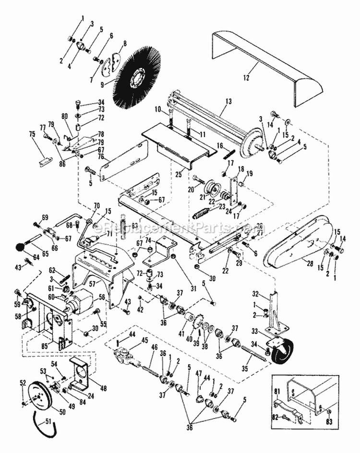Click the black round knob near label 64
tap(20, 247)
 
